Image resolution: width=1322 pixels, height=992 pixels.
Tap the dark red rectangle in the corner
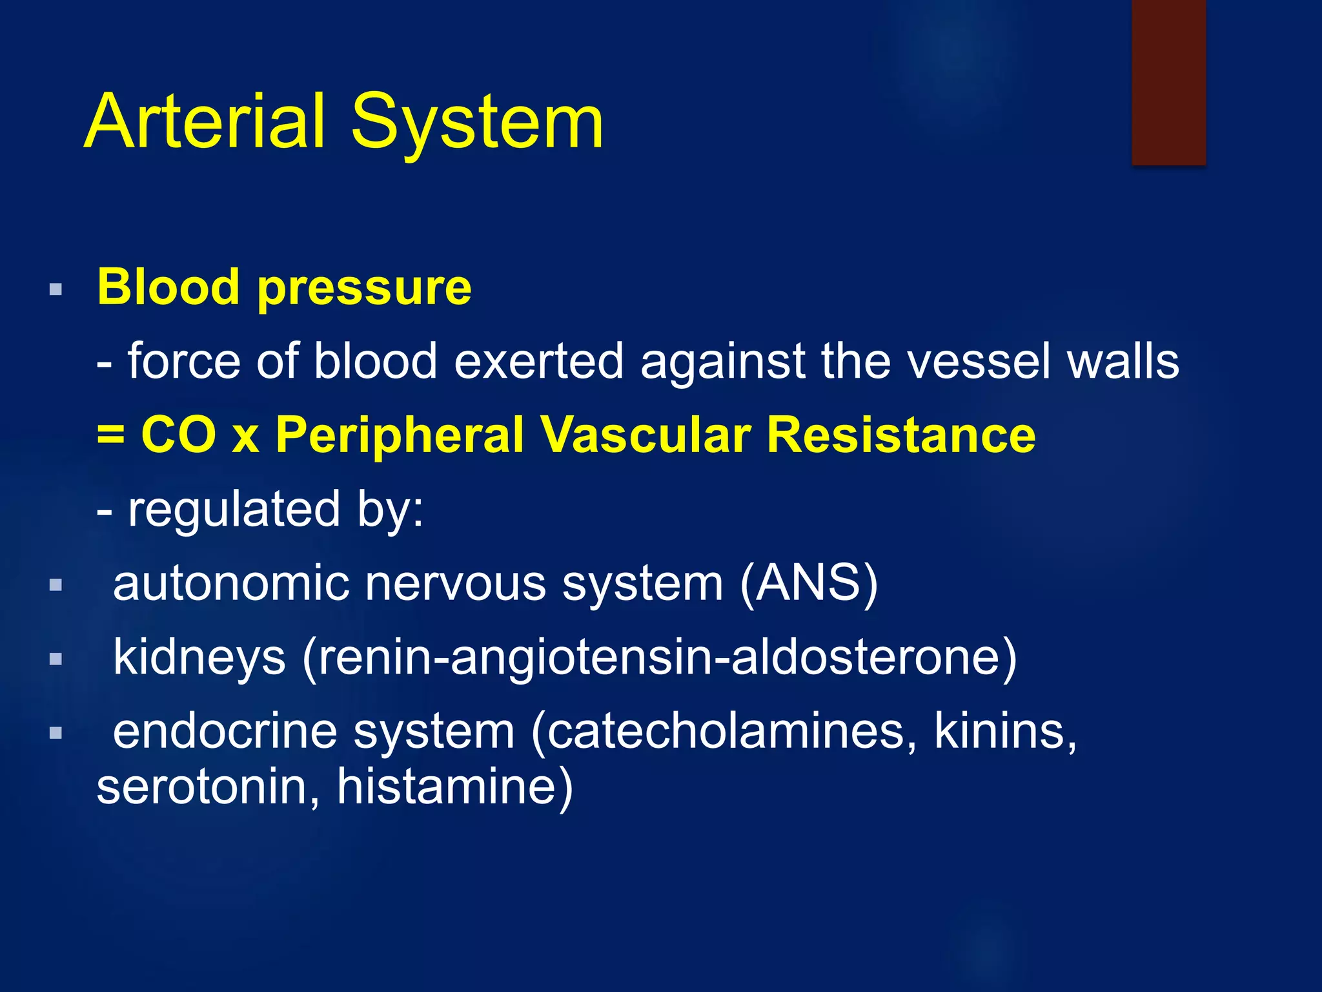pos(1168,82)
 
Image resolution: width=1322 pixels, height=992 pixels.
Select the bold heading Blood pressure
pos(284,287)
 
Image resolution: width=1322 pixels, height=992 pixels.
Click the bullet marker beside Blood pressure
pos(56,289)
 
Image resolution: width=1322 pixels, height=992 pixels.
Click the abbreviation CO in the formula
pos(179,435)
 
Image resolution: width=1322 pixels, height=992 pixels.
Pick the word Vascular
pos(646,435)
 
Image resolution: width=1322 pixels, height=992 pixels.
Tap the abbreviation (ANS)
pos(809,583)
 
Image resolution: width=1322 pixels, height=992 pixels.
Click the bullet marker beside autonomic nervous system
pos(56,585)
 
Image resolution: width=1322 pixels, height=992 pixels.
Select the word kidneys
pos(199,657)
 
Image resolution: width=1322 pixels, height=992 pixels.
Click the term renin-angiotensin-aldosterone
pos(658,657)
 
